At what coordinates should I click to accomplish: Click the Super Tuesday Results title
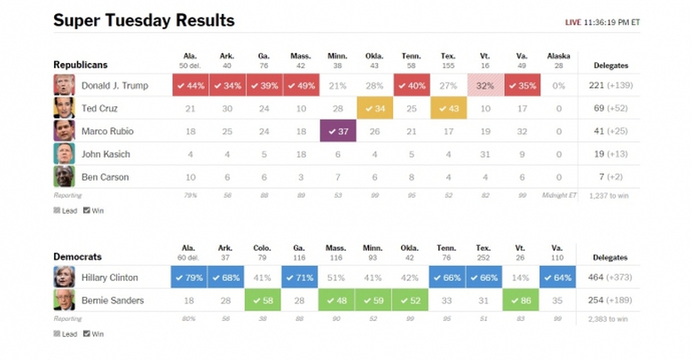[144, 20]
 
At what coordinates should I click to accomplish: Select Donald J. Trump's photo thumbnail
[63, 85]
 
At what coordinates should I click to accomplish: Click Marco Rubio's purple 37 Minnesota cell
[337, 131]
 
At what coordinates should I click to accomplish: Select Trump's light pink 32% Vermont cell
[485, 85]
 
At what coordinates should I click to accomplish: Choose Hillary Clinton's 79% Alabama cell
[189, 278]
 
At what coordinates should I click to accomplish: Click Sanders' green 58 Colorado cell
[263, 301]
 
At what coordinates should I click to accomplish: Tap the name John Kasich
[105, 154]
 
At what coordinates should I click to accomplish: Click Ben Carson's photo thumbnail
[63, 176]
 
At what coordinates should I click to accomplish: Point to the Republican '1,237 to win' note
[609, 195]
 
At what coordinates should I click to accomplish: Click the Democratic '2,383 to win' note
[609, 317]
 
